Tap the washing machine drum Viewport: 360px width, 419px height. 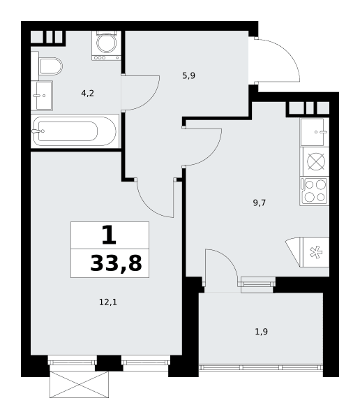pos(106,43)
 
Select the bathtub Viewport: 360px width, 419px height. pos(75,131)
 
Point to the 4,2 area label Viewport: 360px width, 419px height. pos(88,94)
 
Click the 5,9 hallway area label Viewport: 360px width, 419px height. pos(189,75)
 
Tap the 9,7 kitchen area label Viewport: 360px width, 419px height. pos(260,203)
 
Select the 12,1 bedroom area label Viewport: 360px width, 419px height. pos(108,302)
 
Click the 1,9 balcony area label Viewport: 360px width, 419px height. pos(261,332)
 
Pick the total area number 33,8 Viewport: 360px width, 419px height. pos(117,263)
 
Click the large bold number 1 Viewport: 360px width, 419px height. pos(110,235)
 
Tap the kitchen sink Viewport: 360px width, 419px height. pos(315,132)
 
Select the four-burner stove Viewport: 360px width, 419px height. pos(315,191)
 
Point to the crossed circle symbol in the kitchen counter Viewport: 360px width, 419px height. pos(316,161)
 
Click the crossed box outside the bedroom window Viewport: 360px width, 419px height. pos(79,384)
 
